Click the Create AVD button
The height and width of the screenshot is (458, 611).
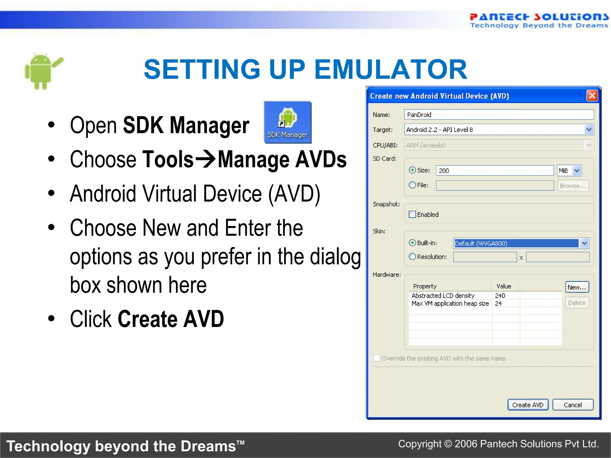coord(527,405)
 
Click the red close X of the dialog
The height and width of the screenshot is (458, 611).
coord(592,96)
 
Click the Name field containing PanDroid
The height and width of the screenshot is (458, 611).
coord(499,114)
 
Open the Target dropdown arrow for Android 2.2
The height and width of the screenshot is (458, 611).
coord(589,130)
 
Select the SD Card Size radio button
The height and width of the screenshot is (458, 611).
coord(412,170)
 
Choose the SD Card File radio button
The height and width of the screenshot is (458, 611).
coord(412,185)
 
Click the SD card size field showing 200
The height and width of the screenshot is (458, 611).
coord(494,171)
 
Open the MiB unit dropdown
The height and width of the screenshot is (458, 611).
coord(576,171)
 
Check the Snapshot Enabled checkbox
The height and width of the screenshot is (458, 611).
coord(412,214)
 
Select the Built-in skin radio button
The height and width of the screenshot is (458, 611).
coord(412,243)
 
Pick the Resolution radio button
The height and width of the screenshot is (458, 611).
coord(412,256)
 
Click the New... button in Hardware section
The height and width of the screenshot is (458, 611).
coord(577,287)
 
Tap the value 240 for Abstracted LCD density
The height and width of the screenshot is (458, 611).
coord(500,295)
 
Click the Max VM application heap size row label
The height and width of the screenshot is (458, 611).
coord(450,304)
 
